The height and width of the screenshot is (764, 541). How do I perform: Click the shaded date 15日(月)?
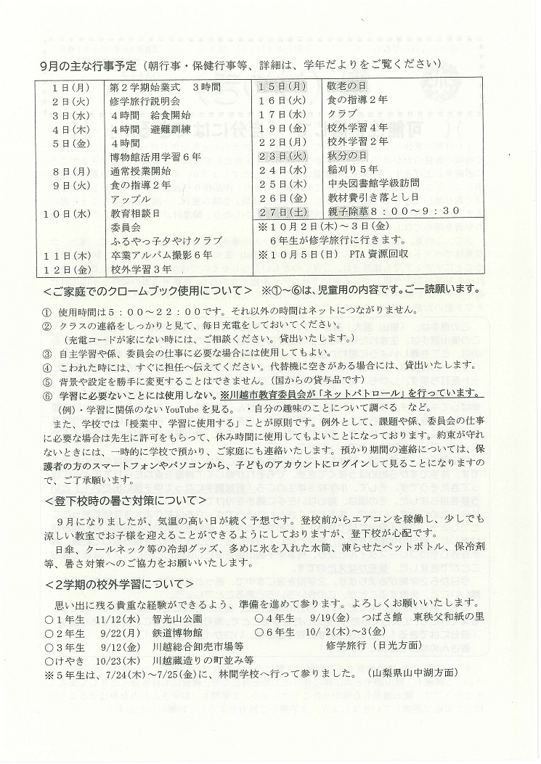pos(280,87)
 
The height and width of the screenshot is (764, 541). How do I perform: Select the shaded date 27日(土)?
pos(280,211)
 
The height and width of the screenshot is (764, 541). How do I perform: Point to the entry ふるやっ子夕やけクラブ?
pos(165,241)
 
